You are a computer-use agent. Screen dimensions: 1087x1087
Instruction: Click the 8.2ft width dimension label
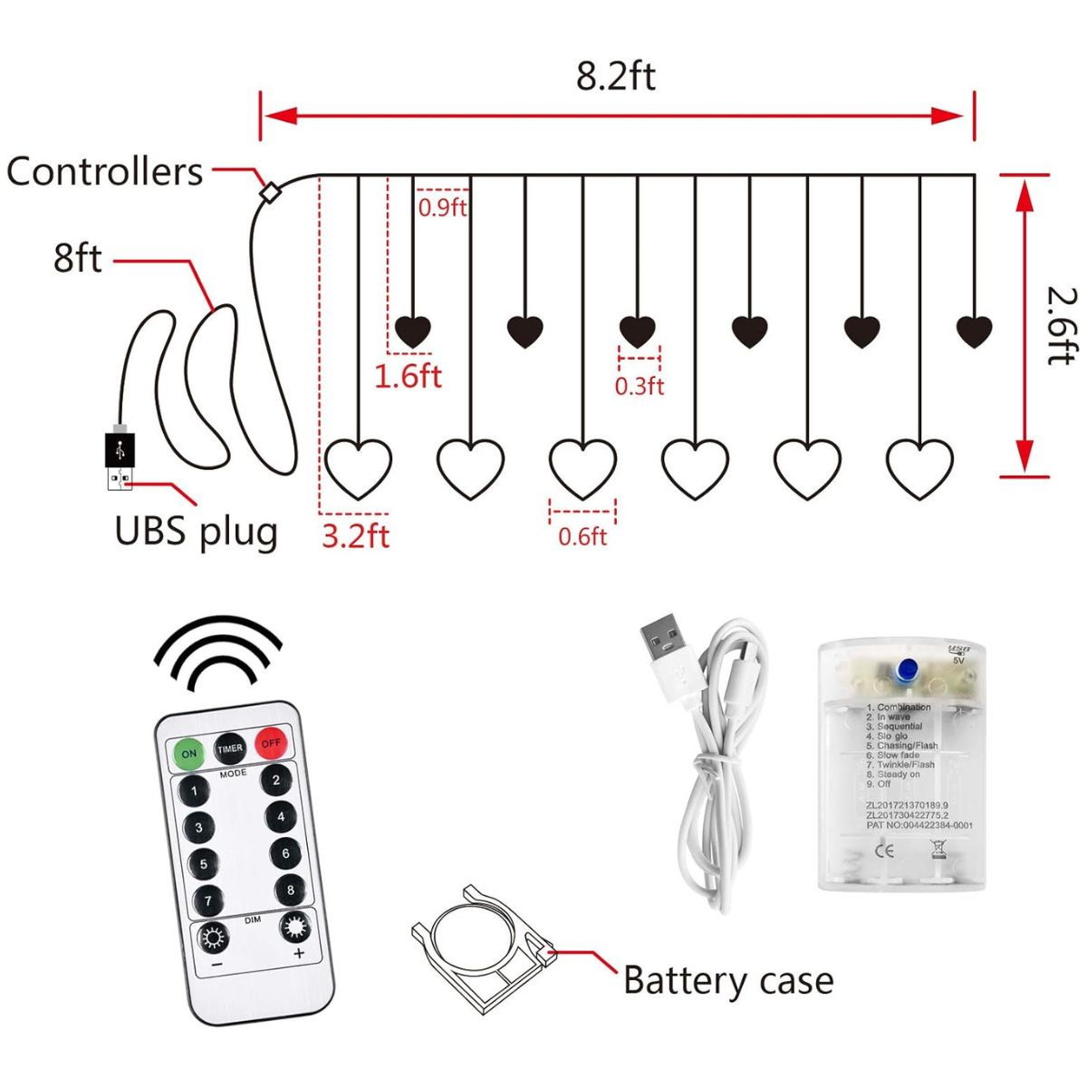pyautogui.click(x=615, y=76)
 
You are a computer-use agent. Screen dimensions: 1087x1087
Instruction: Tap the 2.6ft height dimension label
pyautogui.click(x=1061, y=325)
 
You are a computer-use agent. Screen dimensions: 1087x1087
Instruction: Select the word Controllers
pyautogui.click(x=105, y=171)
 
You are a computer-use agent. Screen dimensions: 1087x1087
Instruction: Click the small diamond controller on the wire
pyautogui.click(x=268, y=192)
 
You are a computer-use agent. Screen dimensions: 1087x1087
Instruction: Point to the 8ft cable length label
pyautogui.click(x=77, y=257)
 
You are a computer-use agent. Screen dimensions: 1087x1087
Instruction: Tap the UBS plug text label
pyautogui.click(x=196, y=531)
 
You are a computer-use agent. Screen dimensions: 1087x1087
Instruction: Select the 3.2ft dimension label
pyautogui.click(x=355, y=535)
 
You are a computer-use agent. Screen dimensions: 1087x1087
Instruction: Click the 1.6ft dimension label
pyautogui.click(x=408, y=375)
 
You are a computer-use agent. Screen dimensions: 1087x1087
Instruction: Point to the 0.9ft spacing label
pyautogui.click(x=442, y=207)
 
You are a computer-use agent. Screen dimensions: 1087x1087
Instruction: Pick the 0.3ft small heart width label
pyautogui.click(x=640, y=387)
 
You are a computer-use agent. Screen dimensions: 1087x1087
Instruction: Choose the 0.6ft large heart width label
pyautogui.click(x=582, y=537)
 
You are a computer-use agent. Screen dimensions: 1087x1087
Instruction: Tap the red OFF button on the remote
pyautogui.click(x=271, y=744)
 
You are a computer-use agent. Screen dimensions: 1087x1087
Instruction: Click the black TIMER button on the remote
pyautogui.click(x=230, y=748)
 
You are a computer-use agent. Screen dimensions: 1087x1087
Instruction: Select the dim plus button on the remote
pyautogui.click(x=295, y=928)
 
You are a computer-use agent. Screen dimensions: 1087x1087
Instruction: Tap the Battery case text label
pyautogui.click(x=728, y=981)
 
